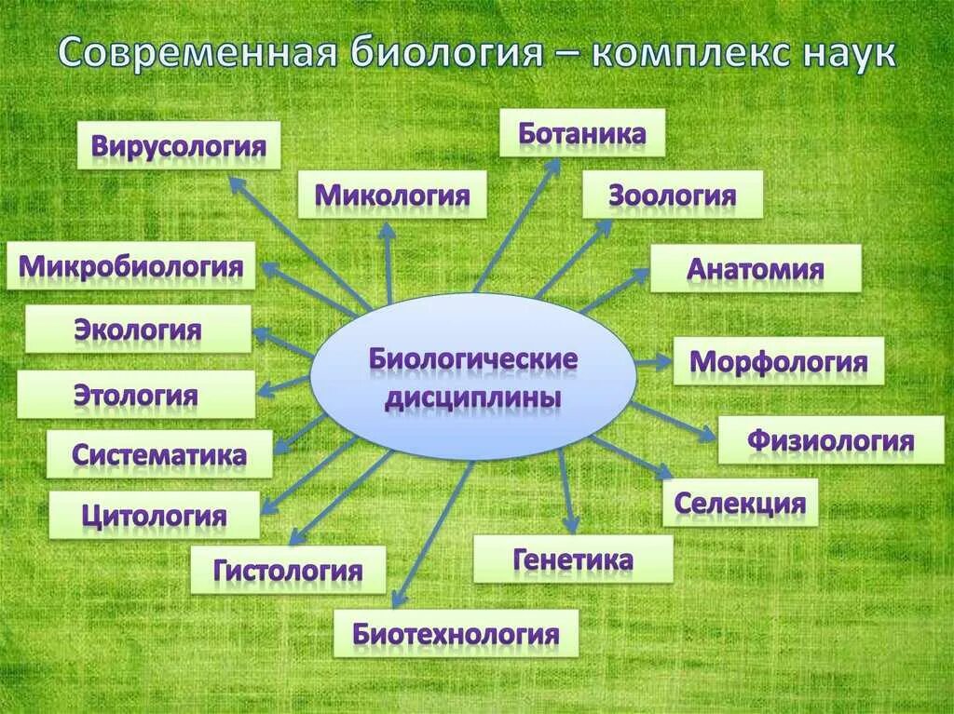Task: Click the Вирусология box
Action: click(178, 145)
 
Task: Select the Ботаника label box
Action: click(582, 132)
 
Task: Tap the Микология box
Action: click(392, 195)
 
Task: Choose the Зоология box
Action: click(673, 195)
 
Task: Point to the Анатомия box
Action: click(756, 268)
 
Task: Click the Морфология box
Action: click(779, 361)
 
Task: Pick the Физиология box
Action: click(830, 439)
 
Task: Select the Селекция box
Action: click(740, 503)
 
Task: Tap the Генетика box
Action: click(573, 559)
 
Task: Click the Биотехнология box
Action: click(457, 634)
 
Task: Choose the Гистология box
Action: click(288, 569)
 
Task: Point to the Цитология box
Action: click(154, 515)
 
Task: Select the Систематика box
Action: click(159, 454)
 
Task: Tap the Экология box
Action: click(138, 329)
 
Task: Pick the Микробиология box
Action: click(131, 265)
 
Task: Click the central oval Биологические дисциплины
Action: click(473, 377)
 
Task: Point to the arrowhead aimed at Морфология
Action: click(664, 363)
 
